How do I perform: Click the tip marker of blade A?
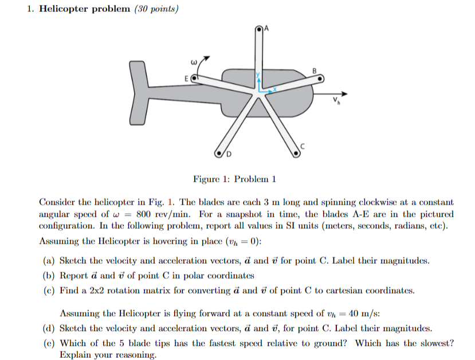click(x=260, y=28)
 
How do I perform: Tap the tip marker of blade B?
click(x=321, y=79)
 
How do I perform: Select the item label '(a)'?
click(x=49, y=260)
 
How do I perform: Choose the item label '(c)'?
click(x=49, y=290)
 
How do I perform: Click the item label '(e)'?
click(x=49, y=343)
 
